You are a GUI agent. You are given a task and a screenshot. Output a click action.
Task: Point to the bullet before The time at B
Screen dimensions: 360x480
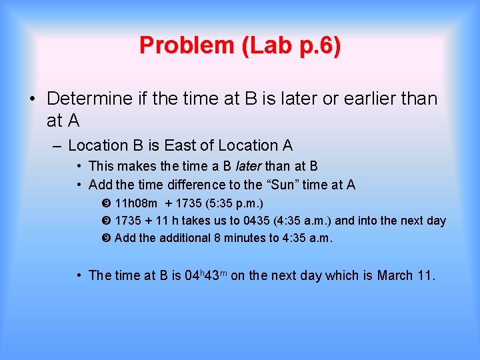tap(79, 275)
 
